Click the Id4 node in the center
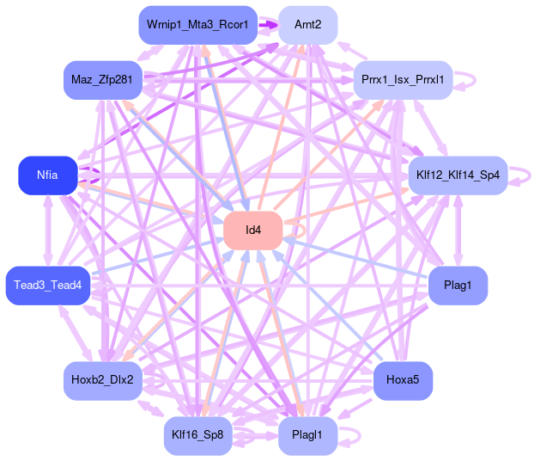253,230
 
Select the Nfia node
47,175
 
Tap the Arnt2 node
307,24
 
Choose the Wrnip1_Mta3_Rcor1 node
197,24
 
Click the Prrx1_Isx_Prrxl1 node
403,80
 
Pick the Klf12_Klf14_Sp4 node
458,175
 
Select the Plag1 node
458,285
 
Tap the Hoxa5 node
403,380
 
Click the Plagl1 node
307,436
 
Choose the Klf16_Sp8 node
197,436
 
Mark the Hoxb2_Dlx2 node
102,380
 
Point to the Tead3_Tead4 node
47,285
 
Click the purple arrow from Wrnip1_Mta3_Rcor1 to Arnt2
268,24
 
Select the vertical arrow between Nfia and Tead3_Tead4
47,230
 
